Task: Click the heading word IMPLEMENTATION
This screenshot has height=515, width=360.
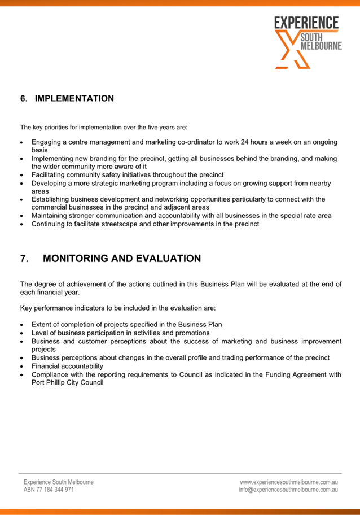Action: [74, 99]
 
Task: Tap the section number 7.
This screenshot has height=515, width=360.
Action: [25, 259]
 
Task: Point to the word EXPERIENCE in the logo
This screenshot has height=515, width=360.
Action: [306, 23]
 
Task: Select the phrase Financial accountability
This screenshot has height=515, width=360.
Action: [67, 366]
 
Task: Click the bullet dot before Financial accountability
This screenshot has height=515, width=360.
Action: [21, 366]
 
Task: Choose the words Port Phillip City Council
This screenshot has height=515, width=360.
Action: [67, 382]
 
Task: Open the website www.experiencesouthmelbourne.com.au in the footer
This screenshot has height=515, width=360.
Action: [288, 482]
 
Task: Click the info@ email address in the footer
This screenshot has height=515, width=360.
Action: [288, 490]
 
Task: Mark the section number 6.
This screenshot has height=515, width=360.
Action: [24, 99]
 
